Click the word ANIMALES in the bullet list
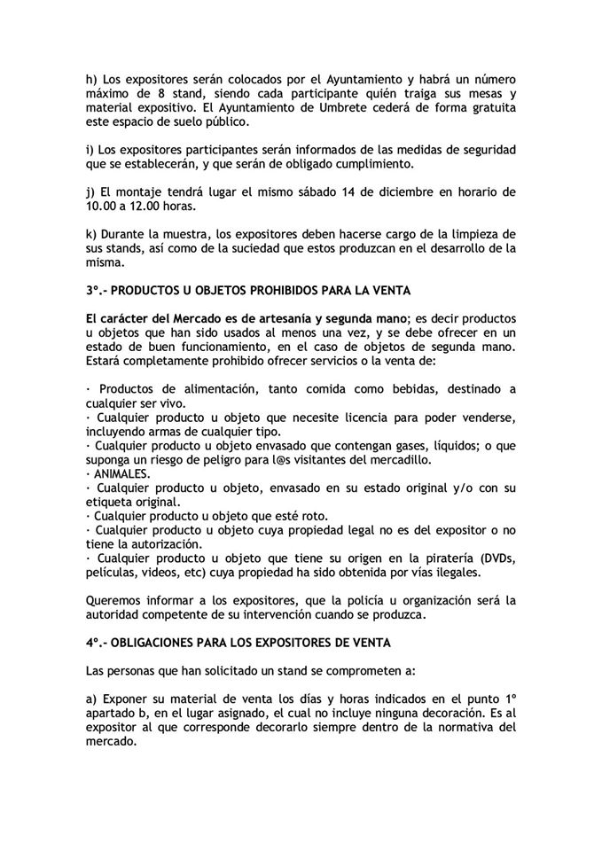pyautogui.click(x=121, y=475)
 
